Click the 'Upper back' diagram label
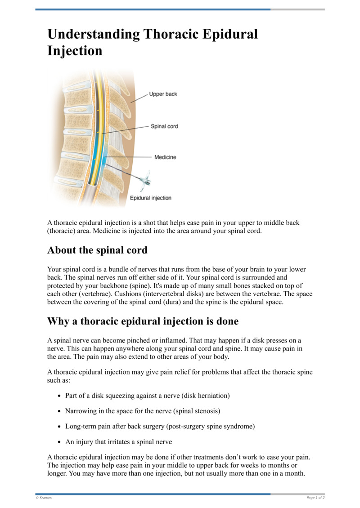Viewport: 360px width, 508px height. click(x=163, y=94)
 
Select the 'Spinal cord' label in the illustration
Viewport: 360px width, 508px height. click(x=164, y=126)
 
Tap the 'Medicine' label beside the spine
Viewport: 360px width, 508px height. click(x=165, y=157)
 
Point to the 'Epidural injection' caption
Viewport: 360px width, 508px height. click(x=150, y=198)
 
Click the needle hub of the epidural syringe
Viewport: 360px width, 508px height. click(x=145, y=181)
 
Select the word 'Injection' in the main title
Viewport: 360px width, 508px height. click(x=75, y=51)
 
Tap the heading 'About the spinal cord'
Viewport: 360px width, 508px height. click(x=97, y=250)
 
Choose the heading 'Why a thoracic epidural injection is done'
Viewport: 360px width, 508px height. click(x=143, y=321)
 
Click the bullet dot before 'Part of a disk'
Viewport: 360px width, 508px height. click(x=59, y=396)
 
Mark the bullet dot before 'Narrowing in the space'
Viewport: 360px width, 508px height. click(x=59, y=411)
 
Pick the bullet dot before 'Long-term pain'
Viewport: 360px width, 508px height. click(x=59, y=427)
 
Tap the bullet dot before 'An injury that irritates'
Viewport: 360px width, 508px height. click(x=59, y=442)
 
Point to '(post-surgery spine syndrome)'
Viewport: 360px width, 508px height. click(x=210, y=426)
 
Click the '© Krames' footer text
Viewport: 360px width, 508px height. click(x=44, y=498)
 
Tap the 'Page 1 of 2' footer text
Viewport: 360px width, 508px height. click(x=315, y=498)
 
